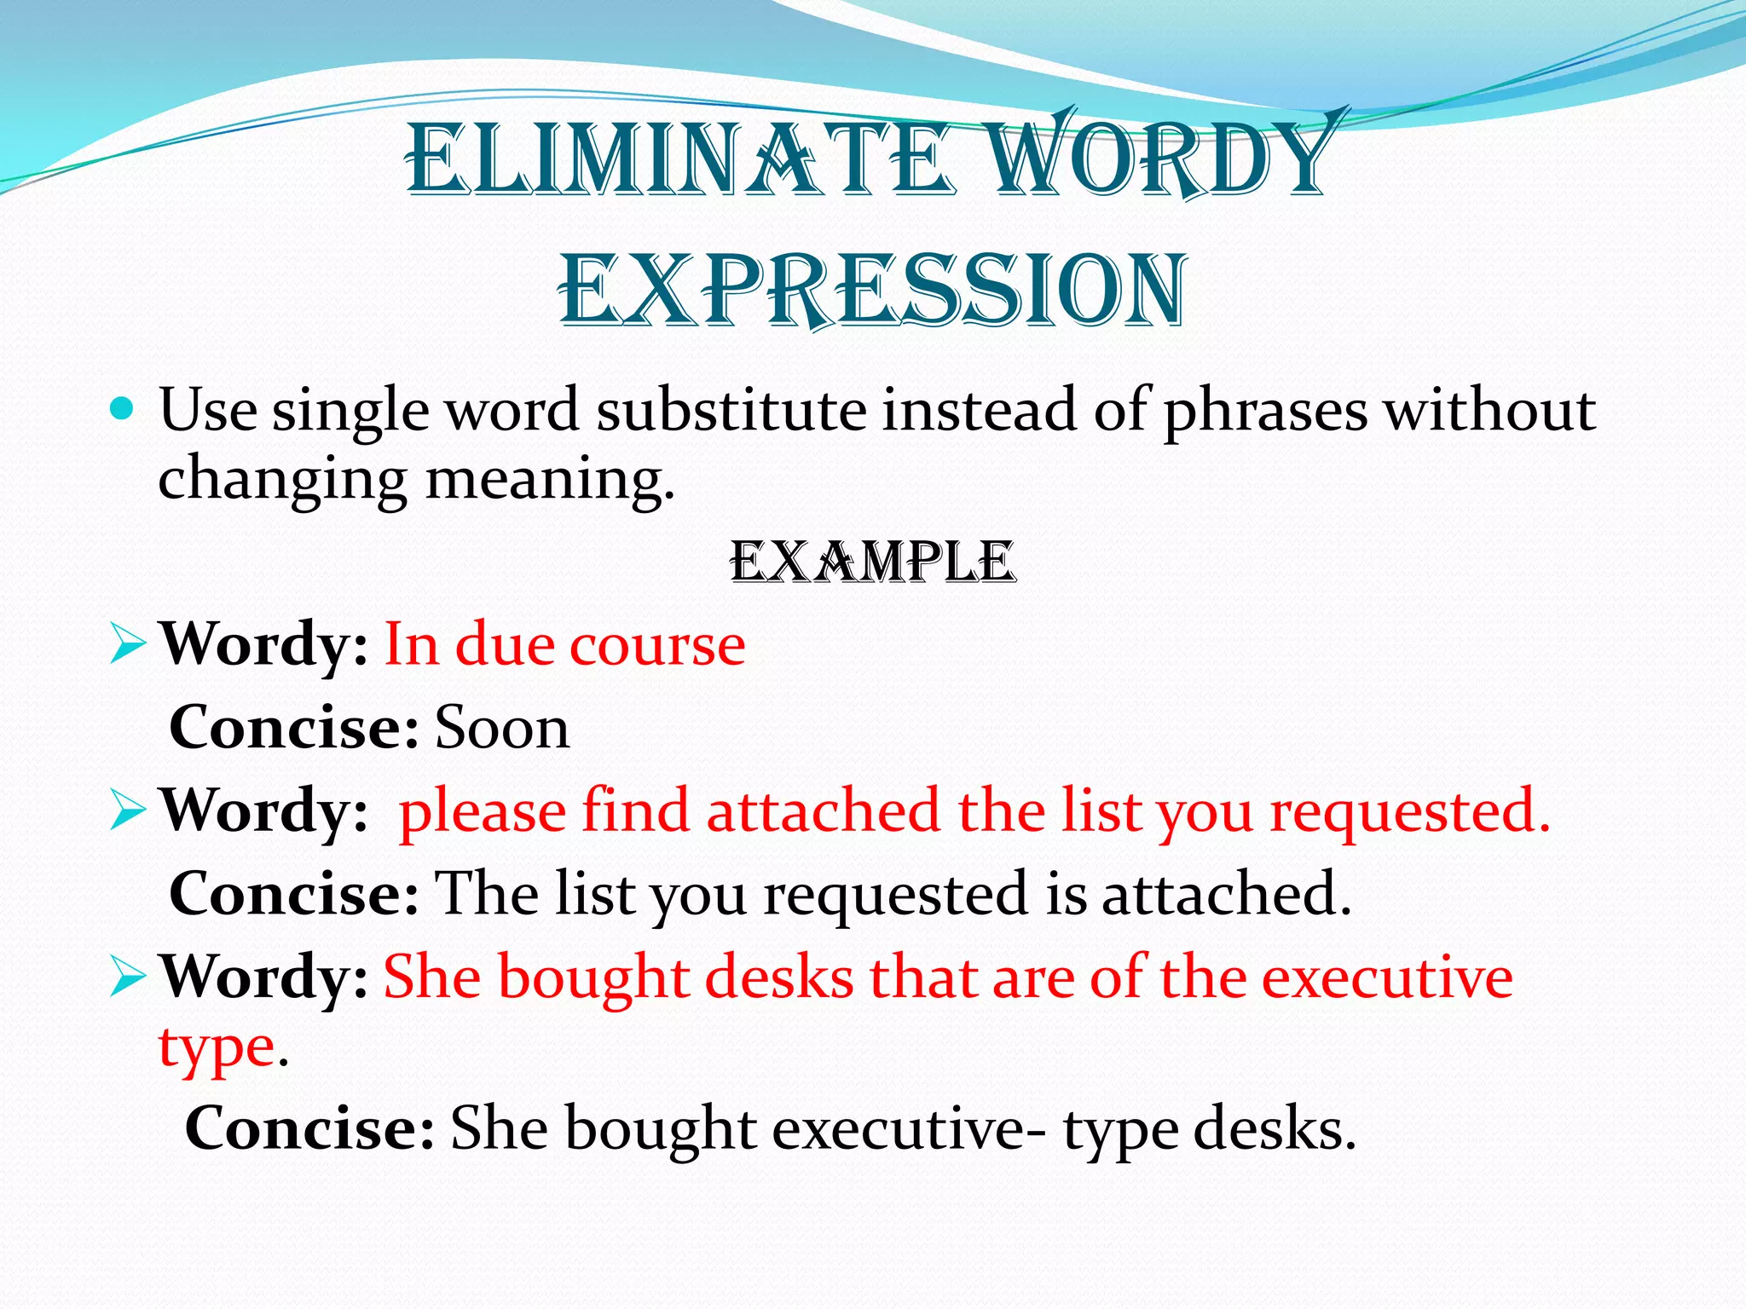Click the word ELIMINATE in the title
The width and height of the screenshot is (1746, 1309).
tap(678, 159)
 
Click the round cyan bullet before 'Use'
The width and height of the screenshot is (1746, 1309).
tap(123, 411)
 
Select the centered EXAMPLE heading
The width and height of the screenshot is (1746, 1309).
tap(872, 563)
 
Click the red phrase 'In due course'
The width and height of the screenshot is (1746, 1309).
tap(564, 644)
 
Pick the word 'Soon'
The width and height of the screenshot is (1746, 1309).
tap(502, 729)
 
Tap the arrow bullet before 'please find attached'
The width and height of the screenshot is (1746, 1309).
tap(128, 812)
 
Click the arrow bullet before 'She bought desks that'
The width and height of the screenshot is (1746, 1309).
tap(128, 978)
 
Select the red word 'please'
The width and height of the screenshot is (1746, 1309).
tap(483, 812)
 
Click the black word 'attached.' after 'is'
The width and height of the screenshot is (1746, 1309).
tap(1226, 894)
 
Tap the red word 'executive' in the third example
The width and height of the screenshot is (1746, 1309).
tap(1387, 977)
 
